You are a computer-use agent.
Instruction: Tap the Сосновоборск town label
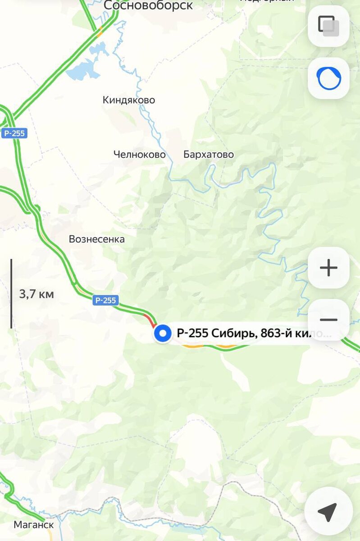point(148,5)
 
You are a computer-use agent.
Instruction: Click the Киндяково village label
point(128,100)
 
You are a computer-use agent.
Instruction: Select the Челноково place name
point(139,155)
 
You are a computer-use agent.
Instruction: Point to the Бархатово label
point(209,155)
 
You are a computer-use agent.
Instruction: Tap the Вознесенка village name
point(96,239)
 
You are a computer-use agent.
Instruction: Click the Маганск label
point(34,525)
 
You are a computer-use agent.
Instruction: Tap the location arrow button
point(328,512)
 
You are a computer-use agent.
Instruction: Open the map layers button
point(328,26)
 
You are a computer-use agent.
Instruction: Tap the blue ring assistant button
point(328,78)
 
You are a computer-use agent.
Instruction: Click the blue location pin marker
point(162,334)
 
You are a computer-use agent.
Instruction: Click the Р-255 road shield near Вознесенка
point(105,300)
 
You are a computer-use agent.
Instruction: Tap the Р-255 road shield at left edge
point(14,133)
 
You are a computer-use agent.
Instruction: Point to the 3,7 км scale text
point(36,294)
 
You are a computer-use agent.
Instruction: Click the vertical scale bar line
point(11,293)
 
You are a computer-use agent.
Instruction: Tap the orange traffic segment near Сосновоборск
point(100,31)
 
